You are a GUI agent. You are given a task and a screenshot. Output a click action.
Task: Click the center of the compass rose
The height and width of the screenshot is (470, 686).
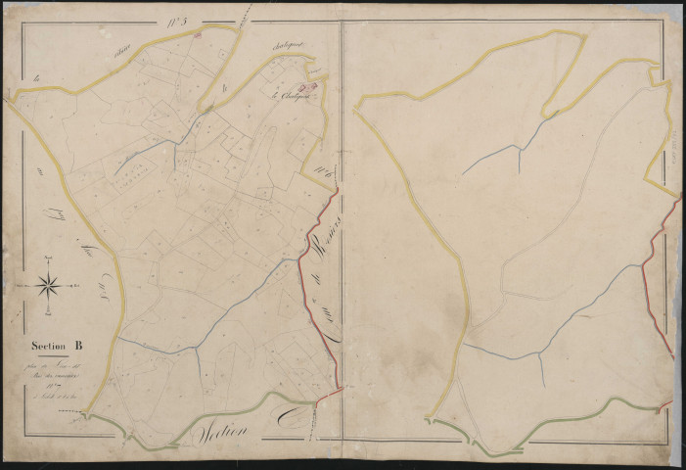click(49, 285)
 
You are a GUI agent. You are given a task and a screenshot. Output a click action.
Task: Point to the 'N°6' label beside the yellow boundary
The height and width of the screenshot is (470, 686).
click(324, 175)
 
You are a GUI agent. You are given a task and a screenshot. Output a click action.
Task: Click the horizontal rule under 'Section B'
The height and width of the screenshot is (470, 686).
click(49, 355)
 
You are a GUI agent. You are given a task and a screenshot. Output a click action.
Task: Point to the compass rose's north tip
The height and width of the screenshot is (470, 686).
click(49, 258)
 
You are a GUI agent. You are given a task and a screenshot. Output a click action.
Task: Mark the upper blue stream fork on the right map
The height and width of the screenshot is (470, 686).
click(518, 147)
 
